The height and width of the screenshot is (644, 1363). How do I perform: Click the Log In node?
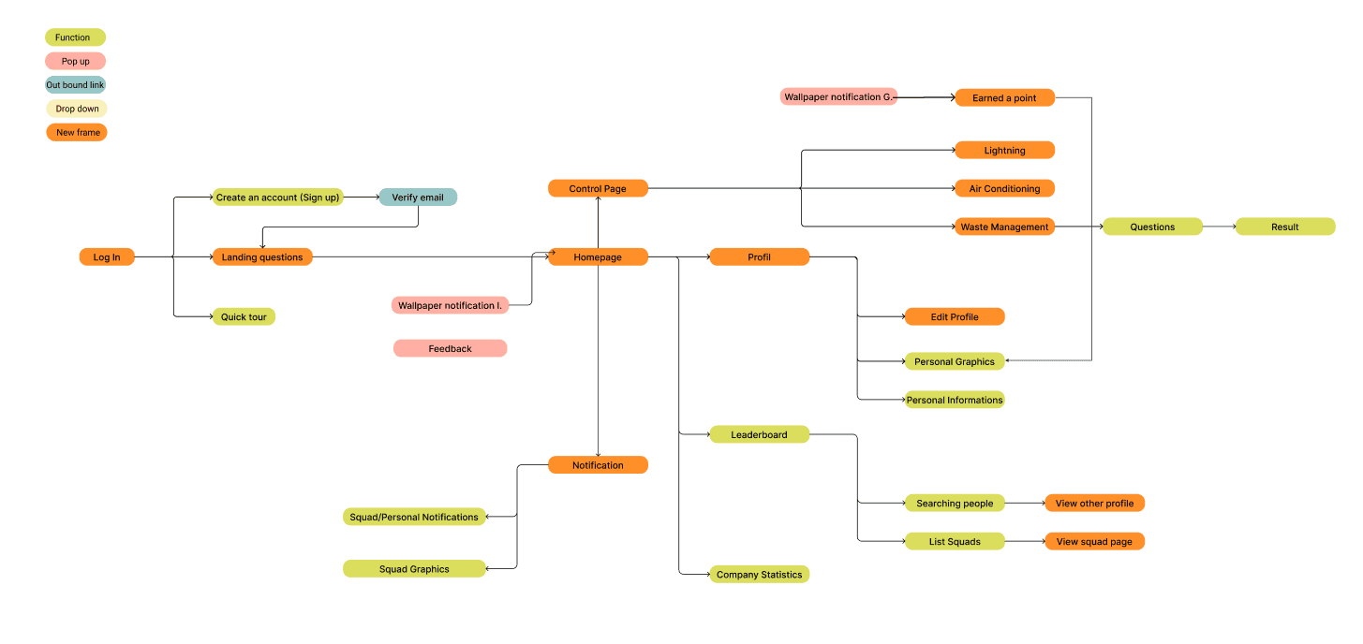(107, 257)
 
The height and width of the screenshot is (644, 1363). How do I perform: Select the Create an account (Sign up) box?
(277, 198)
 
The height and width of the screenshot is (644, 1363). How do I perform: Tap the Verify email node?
(418, 198)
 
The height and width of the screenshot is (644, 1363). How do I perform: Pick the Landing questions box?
(262, 257)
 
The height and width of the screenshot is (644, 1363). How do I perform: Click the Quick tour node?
(244, 317)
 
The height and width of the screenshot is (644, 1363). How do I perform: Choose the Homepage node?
(598, 257)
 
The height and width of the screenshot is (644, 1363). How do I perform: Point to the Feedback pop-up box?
(450, 349)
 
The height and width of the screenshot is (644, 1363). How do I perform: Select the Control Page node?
(598, 189)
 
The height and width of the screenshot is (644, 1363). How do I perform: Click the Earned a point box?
(1004, 98)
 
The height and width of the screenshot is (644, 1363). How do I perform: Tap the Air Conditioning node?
(1004, 189)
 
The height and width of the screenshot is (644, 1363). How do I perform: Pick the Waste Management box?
(1004, 227)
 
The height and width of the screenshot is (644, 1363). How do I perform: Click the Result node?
(1284, 227)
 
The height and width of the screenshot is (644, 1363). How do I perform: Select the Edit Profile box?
(954, 317)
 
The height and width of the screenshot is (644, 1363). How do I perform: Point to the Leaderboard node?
(759, 435)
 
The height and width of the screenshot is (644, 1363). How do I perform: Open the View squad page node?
(1094, 542)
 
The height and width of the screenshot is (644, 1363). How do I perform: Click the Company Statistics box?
(759, 575)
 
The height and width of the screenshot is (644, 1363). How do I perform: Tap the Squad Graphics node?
(414, 569)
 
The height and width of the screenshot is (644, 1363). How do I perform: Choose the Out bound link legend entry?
(75, 85)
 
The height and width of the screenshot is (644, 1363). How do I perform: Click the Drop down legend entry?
(77, 110)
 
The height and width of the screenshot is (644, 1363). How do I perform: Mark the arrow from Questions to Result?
(1219, 227)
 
